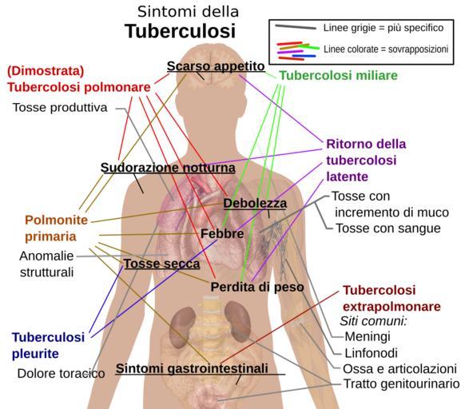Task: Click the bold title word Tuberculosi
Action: (180, 31)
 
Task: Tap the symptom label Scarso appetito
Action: (216, 66)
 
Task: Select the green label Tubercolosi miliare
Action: (338, 76)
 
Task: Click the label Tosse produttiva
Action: (60, 108)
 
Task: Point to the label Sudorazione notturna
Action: (168, 168)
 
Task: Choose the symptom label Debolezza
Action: (255, 203)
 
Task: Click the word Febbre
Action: (222, 234)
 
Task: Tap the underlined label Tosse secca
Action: (161, 264)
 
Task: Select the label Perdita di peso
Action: (257, 287)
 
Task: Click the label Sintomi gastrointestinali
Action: (192, 368)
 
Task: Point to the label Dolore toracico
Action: (62, 374)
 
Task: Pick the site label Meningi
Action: (368, 336)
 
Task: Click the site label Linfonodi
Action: (371, 353)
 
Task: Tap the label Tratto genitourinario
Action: (402, 383)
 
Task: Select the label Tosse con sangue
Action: (388, 228)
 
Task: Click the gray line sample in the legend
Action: (296, 27)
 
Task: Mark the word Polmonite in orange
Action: (56, 220)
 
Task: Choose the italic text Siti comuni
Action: (373, 321)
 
